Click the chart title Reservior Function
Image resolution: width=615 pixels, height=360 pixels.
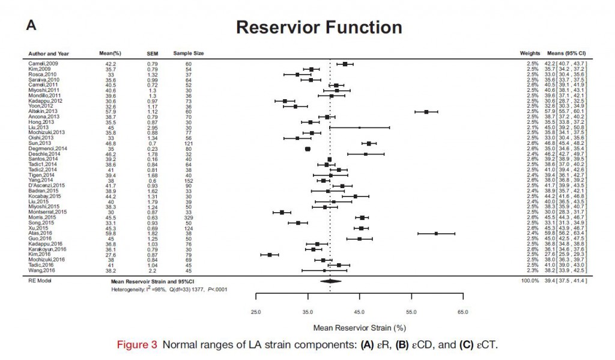coord(318,28)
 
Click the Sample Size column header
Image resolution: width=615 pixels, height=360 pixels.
coord(188,53)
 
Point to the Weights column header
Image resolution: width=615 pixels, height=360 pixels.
coord(530,53)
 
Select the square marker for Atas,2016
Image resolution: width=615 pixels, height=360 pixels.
coord(436,233)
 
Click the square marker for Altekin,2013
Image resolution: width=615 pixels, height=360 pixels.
coord(426,112)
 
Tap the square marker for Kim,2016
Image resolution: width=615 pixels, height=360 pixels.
coord(270,255)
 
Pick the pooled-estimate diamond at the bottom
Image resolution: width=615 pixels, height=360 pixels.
coord(330,281)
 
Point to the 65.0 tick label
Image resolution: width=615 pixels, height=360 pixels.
coord(462,313)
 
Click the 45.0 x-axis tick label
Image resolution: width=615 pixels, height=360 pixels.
coord(359,313)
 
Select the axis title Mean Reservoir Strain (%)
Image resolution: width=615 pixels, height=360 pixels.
coord(359,328)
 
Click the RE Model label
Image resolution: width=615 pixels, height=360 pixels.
coord(38,281)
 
